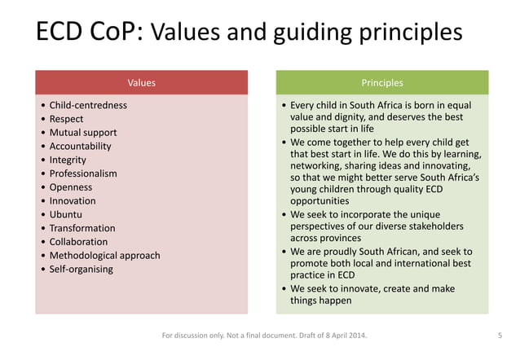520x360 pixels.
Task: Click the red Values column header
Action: coord(141,82)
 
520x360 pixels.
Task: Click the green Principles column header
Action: coord(381,82)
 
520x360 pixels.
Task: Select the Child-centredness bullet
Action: coord(88,105)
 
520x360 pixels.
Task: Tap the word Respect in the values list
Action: coord(66,119)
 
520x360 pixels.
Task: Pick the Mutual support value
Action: coord(83,133)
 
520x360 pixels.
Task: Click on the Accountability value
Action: coord(80,146)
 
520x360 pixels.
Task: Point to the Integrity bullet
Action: coord(68,160)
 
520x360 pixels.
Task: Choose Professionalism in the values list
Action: coord(83,173)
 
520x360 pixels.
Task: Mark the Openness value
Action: coord(71,187)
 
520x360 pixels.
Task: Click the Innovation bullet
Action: coord(73,200)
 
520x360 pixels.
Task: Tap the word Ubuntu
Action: coord(66,214)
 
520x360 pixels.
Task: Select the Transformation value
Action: coord(82,228)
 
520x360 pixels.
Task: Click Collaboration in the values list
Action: coord(78,242)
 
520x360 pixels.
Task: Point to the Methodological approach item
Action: coord(104,256)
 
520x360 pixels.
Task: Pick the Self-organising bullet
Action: coord(81,269)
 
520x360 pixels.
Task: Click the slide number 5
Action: coord(499,335)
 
